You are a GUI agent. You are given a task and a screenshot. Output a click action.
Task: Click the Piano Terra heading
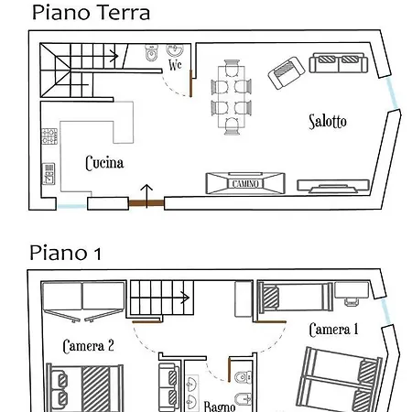(x=91, y=13)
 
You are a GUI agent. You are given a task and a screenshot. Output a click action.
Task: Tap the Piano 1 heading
(x=65, y=254)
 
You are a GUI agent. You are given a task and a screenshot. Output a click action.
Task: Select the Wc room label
(x=175, y=65)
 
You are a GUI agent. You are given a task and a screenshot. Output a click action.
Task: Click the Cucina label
(x=104, y=163)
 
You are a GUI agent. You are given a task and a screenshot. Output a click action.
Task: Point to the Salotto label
(x=328, y=122)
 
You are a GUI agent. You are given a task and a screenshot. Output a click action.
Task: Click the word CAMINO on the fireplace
(x=245, y=184)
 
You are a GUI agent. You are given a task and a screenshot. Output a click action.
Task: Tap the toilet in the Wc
(x=151, y=53)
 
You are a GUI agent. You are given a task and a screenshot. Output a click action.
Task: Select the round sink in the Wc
(x=175, y=50)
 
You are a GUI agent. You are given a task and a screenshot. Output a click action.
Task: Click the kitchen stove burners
(x=49, y=136)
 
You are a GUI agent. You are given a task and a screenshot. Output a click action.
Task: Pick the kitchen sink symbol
(x=49, y=174)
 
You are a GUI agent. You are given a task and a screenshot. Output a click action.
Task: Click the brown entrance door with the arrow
(x=146, y=203)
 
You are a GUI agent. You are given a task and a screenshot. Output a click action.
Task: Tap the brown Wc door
(x=190, y=83)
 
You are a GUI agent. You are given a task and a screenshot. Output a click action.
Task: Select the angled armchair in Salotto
(x=287, y=72)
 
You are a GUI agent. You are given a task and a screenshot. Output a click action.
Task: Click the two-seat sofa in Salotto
(x=339, y=63)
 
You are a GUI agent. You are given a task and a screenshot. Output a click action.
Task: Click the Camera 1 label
(x=333, y=330)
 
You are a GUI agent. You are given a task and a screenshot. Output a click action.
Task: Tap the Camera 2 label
(x=89, y=346)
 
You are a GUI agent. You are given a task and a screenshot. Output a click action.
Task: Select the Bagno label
(x=220, y=407)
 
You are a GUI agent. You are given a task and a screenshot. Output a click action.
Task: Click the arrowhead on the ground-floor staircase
(x=114, y=56)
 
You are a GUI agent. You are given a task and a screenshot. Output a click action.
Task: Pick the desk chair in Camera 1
(x=352, y=301)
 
